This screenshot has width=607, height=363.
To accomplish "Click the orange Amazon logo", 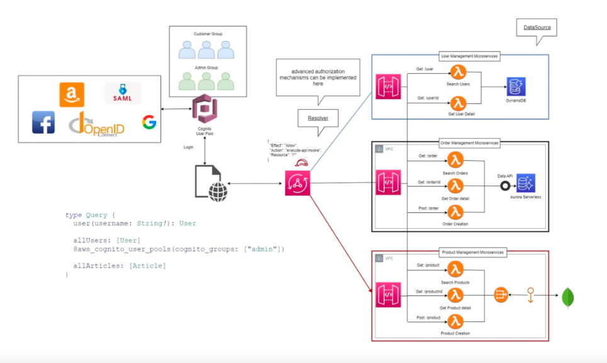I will point(72,95).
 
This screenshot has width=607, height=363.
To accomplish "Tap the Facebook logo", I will point(43,122).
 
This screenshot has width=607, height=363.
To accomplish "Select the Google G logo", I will point(149,122).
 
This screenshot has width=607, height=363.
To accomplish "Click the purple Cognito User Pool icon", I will point(204,108).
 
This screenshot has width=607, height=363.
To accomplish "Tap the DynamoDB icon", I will point(516,87).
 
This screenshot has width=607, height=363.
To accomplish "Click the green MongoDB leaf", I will point(569,297).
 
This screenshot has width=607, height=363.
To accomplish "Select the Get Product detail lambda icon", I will point(457,295).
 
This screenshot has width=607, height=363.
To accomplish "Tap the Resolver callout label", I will point(317,117).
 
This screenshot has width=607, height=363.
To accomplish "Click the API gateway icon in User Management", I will point(387,86).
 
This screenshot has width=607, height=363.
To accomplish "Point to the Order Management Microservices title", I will point(468,143).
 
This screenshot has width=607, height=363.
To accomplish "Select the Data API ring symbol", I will point(504,186).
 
